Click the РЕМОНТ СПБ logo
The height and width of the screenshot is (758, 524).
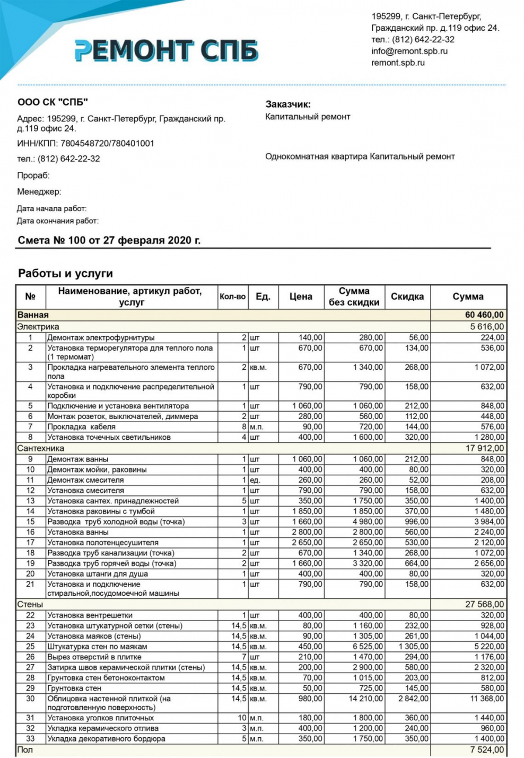pyautogui.click(x=166, y=50)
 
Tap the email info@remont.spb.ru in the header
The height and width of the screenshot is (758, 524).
pyautogui.click(x=409, y=51)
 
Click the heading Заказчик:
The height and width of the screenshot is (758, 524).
pyautogui.click(x=288, y=104)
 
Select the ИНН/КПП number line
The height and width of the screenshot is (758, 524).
pyautogui.click(x=85, y=143)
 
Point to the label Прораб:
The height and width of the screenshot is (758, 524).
pyautogui.click(x=33, y=176)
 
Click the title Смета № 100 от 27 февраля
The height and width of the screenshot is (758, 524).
pyautogui.click(x=109, y=240)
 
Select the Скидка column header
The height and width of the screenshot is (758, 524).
pyautogui.click(x=407, y=297)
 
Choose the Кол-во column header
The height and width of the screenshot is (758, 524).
pyautogui.click(x=232, y=297)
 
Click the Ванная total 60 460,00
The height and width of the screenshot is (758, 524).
pyautogui.click(x=484, y=315)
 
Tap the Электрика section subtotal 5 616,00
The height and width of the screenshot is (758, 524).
pyautogui.click(x=487, y=327)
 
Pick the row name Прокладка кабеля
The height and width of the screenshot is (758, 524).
pyautogui.click(x=81, y=426)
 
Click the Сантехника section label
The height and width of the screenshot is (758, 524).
pyautogui.click(x=41, y=448)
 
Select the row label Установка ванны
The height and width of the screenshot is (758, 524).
pyautogui.click(x=78, y=532)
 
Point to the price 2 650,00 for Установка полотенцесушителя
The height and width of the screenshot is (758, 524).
pyautogui.click(x=307, y=543)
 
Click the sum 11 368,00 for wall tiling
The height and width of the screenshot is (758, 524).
pyautogui.click(x=487, y=699)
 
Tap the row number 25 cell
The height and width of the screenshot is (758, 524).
pyautogui.click(x=30, y=647)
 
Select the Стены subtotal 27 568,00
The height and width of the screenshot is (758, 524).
pyautogui.click(x=484, y=604)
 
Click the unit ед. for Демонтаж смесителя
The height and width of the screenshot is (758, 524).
pyautogui.click(x=255, y=480)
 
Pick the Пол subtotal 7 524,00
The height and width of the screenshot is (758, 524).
pyautogui.click(x=487, y=750)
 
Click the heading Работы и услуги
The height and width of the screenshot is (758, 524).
pyautogui.click(x=65, y=274)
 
